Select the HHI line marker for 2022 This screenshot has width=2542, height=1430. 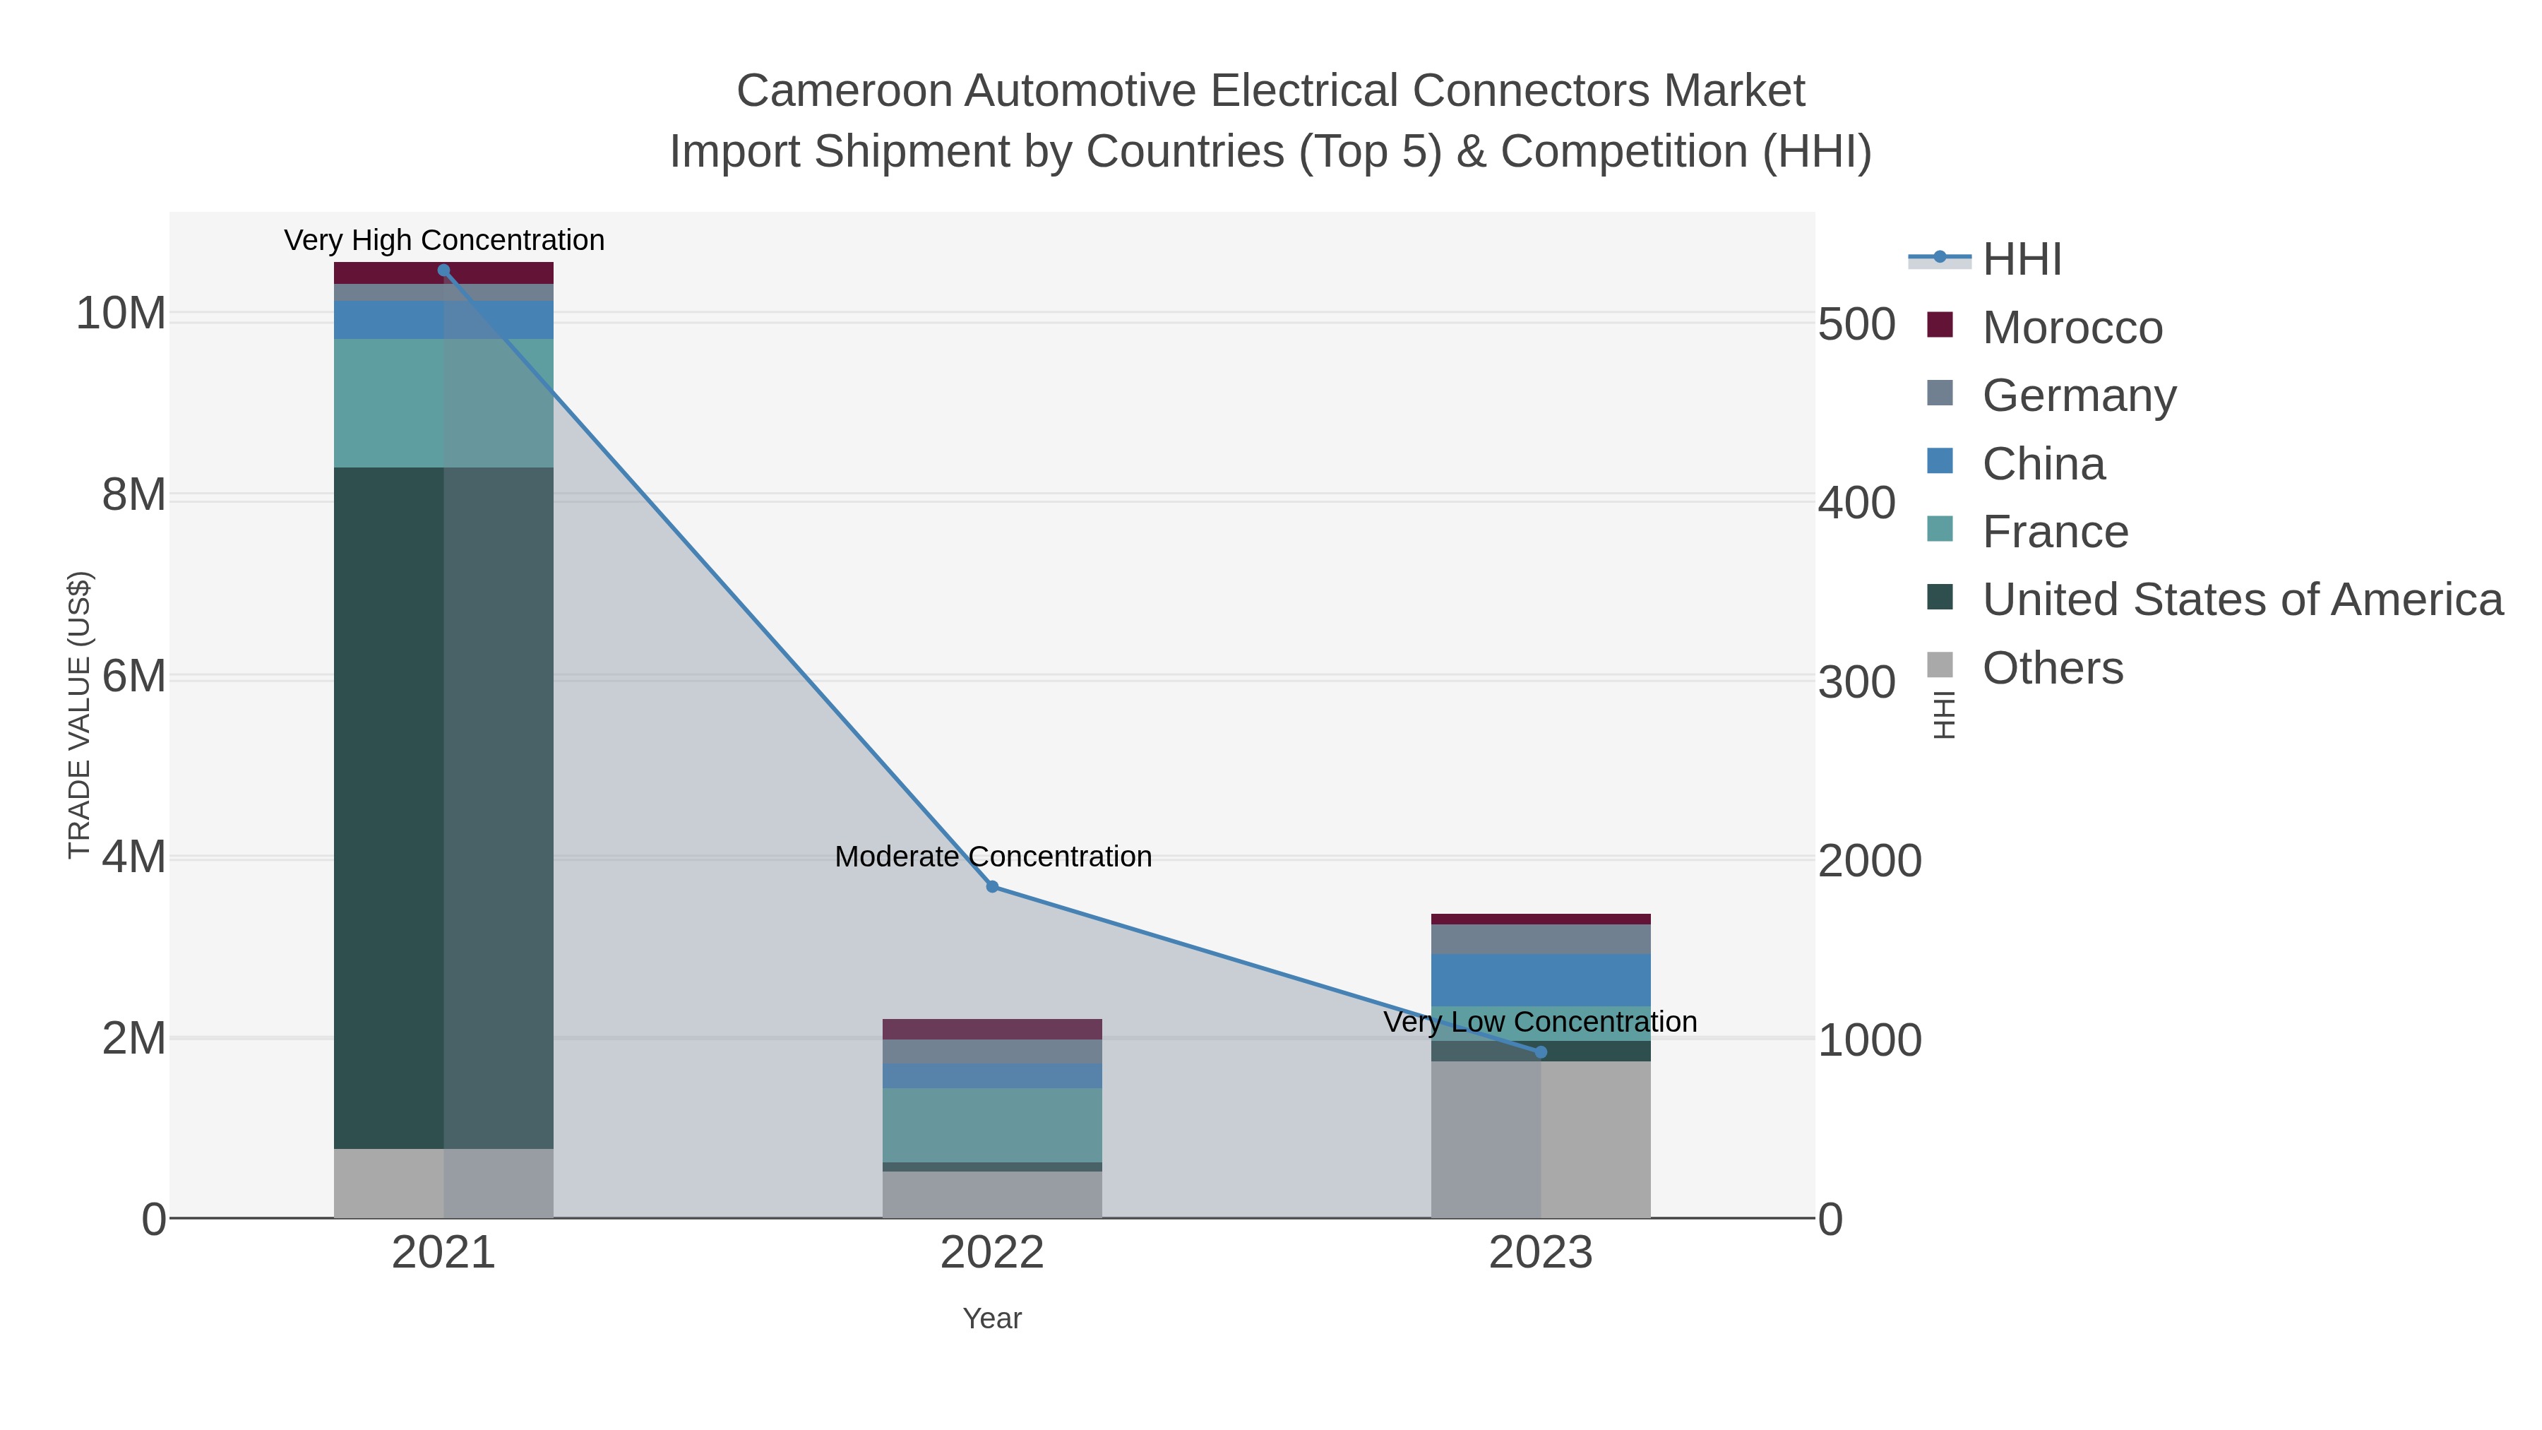pyautogui.click(x=993, y=887)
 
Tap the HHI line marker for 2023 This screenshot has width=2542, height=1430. pyautogui.click(x=1541, y=1052)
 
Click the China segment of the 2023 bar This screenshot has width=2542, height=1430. pyautogui.click(x=1541, y=980)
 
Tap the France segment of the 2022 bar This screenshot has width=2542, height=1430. pyautogui.click(x=992, y=1125)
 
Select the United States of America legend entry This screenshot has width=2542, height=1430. pyautogui.click(x=2241, y=600)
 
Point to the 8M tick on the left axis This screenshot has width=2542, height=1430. pyautogui.click(x=133, y=496)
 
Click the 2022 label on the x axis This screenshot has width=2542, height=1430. pyautogui.click(x=992, y=1253)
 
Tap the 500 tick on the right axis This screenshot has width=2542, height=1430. pyautogui.click(x=1856, y=325)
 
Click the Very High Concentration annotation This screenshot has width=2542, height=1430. pyautogui.click(x=444, y=241)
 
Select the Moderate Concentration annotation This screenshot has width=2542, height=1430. pyautogui.click(x=993, y=857)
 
